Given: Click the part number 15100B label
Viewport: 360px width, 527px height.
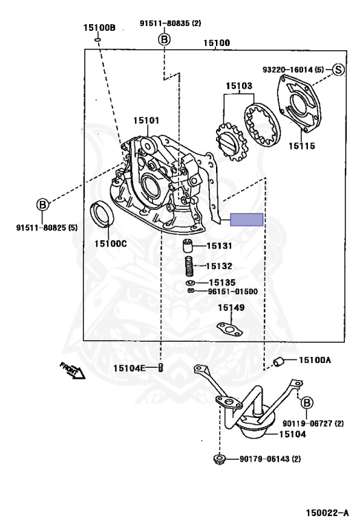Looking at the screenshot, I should point(99,28).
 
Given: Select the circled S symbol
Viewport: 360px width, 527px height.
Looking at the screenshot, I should point(338,69).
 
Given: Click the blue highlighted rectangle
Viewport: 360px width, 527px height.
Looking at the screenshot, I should point(246,220).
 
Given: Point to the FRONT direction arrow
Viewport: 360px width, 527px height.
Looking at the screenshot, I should point(72,371).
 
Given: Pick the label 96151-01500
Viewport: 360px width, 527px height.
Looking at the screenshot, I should point(232,291).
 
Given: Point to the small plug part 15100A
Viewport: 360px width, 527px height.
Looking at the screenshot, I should point(279,362).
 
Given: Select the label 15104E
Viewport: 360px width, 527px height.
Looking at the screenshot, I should point(130,368).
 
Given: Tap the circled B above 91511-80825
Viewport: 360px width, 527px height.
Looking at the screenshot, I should point(43,204).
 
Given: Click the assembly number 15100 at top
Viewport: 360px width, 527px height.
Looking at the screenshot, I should point(217,43).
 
